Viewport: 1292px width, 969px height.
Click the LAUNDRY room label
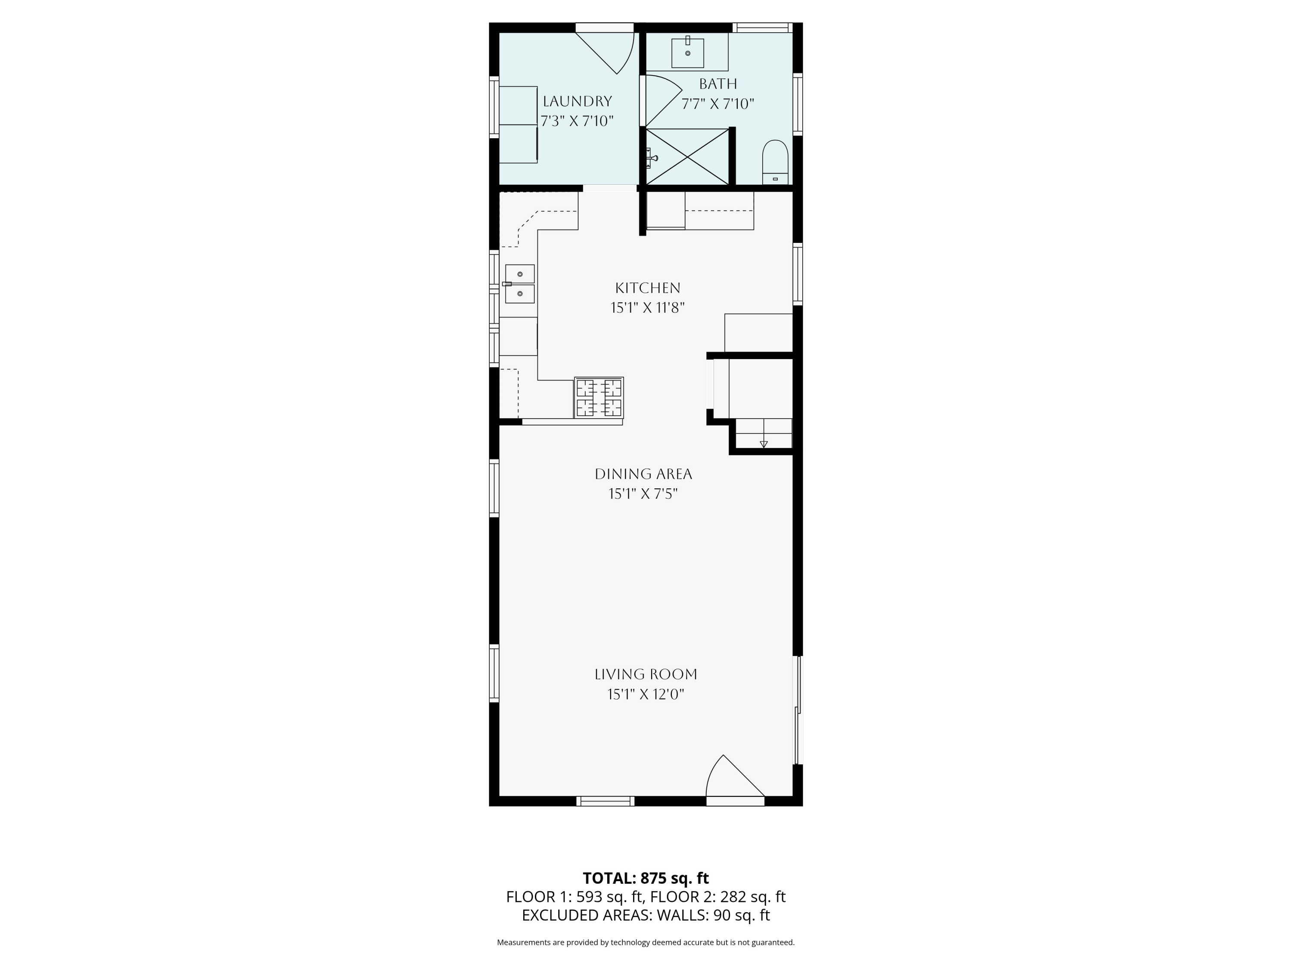[x=577, y=102]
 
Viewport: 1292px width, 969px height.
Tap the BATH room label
[x=718, y=84]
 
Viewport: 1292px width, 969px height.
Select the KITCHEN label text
[x=648, y=288]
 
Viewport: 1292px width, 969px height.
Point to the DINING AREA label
[x=643, y=474]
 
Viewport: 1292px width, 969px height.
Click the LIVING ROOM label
[x=646, y=674]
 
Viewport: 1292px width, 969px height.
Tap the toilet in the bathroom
[x=775, y=162]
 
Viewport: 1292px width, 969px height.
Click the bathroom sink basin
[x=687, y=53]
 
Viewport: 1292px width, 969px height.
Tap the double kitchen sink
[x=520, y=284]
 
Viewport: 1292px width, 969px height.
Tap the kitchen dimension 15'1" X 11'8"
[x=648, y=308]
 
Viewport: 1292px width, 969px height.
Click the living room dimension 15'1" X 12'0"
[x=646, y=695]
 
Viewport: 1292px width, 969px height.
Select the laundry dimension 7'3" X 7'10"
[x=577, y=121]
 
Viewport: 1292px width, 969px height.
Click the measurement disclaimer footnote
[x=646, y=942]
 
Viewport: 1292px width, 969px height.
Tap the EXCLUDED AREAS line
[x=646, y=915]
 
